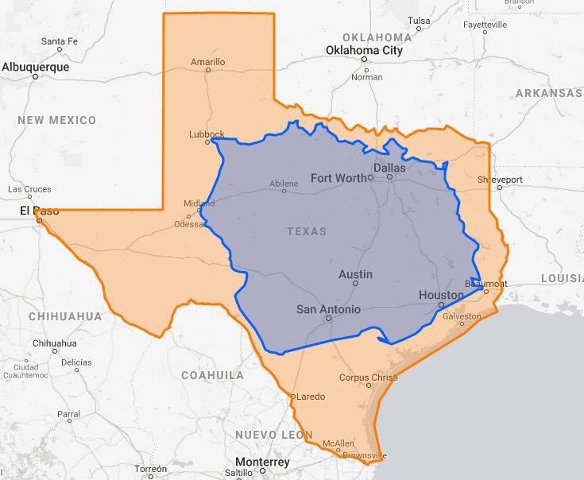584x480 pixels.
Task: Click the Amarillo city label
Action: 208,61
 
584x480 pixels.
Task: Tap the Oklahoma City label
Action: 364,50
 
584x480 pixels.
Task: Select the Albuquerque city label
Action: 35,67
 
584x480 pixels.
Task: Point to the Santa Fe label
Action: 60,41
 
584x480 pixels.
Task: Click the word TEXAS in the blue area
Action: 306,231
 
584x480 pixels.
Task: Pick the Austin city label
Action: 355,274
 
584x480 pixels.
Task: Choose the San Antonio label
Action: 328,309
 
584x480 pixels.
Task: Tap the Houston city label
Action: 440,295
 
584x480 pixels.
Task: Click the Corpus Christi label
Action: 369,377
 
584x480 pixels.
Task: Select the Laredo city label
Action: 310,396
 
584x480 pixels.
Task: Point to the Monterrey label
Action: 262,462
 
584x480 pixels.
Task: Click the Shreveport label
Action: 501,180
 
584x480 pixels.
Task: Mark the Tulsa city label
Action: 419,20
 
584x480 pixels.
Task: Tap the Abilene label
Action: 284,184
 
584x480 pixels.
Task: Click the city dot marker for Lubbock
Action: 207,142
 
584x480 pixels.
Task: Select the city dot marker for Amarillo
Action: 208,70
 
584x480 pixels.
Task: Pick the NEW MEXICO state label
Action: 56,120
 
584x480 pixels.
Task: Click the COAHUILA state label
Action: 212,375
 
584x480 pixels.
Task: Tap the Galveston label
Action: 462,315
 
